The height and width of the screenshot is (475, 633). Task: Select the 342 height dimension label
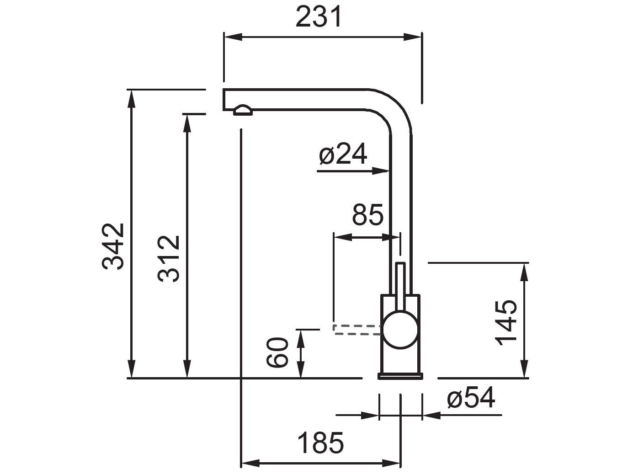[113, 246]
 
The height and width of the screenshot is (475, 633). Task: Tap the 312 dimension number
[169, 259]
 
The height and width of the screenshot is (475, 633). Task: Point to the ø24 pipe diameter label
[343, 155]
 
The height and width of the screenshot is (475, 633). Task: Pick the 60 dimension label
[277, 353]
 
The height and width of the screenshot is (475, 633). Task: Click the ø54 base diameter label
[471, 398]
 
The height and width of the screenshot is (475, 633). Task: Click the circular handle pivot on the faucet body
[400, 331]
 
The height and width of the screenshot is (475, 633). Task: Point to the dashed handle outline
[356, 330]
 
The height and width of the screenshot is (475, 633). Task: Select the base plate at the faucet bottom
[400, 376]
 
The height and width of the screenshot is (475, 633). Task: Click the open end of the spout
[224, 100]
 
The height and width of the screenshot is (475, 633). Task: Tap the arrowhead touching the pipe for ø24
[382, 171]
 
